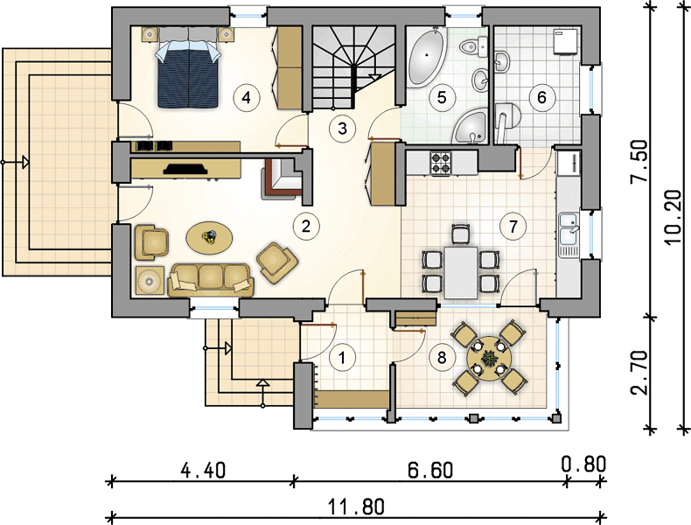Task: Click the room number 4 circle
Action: pos(247,97)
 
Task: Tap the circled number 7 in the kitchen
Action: pos(513,227)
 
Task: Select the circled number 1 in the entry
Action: pos(341,358)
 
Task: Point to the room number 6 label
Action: pos(541,97)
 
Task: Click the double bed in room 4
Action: pos(188,67)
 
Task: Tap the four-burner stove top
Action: pos(441,163)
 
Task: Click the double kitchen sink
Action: pos(569,235)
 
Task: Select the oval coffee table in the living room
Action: pos(209,238)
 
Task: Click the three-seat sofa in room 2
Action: pos(211,280)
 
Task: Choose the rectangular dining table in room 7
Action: pos(461,272)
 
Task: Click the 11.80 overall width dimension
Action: pos(356,507)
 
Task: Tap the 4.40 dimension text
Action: pos(203,470)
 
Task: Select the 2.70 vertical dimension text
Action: pos(639,373)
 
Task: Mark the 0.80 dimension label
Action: pos(584,465)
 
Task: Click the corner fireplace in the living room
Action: pos(283,178)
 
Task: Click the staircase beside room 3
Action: pos(354,67)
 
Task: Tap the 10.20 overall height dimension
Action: pos(672,217)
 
